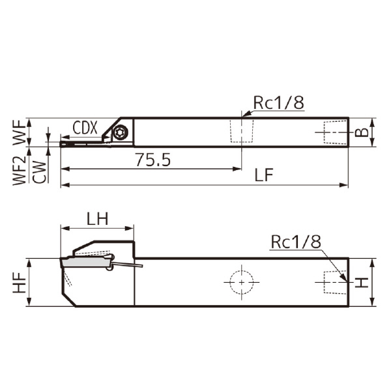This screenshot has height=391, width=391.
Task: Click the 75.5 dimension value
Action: (152, 160)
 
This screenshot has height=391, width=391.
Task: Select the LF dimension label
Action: (263, 175)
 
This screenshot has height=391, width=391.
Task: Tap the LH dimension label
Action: (96, 218)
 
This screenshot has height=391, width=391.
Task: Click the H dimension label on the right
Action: (363, 282)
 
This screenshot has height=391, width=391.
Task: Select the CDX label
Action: (85, 128)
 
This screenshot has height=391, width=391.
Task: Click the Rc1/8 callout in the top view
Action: (278, 102)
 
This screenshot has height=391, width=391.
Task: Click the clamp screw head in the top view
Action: (120, 132)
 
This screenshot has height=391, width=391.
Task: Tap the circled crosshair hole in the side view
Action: (240, 282)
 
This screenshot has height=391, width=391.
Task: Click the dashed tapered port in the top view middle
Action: (240, 132)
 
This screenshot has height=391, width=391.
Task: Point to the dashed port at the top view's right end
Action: (333, 132)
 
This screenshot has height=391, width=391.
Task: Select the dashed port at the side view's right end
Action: (333, 282)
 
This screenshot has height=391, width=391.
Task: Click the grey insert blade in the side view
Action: (85, 262)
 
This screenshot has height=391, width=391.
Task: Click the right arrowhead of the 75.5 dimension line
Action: (238, 169)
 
